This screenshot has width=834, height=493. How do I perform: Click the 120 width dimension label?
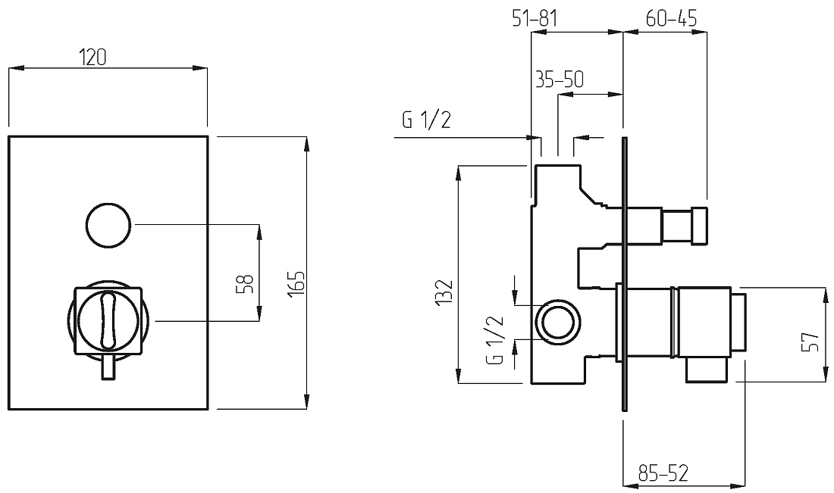tap(92, 58)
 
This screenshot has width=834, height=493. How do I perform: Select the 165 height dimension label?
tap(296, 284)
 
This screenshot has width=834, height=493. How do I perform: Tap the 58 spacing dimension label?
tap(245, 284)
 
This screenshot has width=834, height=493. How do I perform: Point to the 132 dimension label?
tap(444, 292)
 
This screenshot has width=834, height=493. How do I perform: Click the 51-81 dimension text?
tap(535, 19)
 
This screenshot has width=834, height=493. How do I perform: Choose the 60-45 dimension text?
tap(671, 19)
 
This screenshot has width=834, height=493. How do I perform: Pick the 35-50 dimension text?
tap(559, 80)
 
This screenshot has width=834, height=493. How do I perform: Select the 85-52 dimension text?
tap(663, 473)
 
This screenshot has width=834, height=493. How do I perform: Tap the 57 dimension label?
tap(809, 342)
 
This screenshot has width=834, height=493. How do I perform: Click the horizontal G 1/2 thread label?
tap(427, 120)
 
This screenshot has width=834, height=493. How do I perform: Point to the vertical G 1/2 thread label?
tap(494, 340)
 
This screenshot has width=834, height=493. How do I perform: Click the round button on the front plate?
tap(108, 225)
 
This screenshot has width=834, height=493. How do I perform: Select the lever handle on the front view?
tap(108, 320)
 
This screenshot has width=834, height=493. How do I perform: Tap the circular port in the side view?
tap(558, 322)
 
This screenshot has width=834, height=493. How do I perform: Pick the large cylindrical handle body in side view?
tap(704, 322)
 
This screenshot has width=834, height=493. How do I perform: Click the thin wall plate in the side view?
tap(625, 274)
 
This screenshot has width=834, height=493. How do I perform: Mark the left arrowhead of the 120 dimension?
tap(16, 68)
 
